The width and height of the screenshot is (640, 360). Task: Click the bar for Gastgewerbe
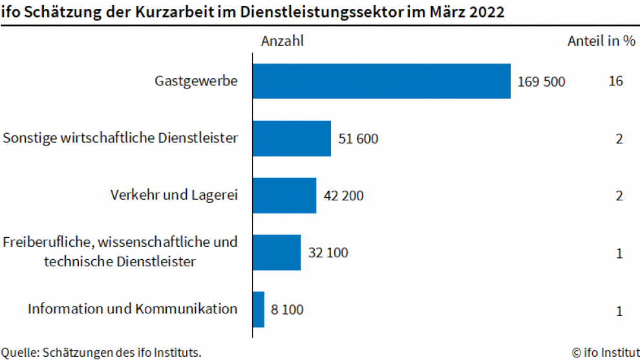381,81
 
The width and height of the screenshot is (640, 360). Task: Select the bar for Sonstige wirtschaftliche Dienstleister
292,138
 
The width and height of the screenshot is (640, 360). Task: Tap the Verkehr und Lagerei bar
284,195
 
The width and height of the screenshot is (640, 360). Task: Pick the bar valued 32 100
277,252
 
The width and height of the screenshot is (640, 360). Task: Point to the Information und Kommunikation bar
259,309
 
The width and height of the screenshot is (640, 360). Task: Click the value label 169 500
541,81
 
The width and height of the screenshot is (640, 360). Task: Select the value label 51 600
358,138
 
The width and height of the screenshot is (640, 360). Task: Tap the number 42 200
343,195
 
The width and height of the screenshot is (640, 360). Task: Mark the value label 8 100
287,309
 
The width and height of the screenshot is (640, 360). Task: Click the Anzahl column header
282,41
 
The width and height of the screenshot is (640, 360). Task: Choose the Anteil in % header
601,41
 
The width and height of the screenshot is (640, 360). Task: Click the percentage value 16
615,81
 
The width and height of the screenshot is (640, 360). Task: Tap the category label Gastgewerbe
196,81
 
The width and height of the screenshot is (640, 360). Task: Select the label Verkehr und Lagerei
174,195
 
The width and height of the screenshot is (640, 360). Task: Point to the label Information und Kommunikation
133,309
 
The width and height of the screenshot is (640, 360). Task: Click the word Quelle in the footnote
19,352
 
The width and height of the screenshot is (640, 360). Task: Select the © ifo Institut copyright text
605,352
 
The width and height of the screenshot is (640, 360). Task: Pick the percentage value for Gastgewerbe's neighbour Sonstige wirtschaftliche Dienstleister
619,138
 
